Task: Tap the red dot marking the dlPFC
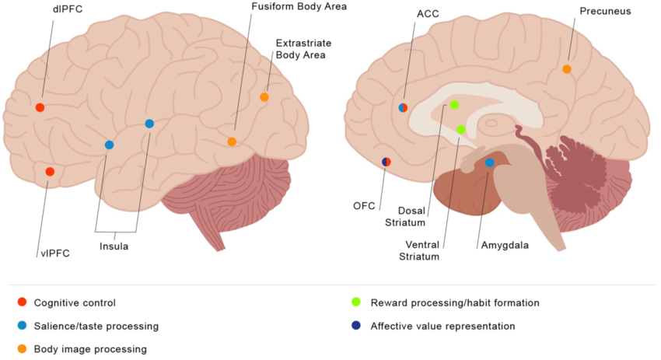click(40, 107)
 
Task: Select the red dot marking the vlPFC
click(50, 171)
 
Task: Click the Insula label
click(114, 246)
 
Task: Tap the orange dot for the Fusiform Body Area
click(232, 142)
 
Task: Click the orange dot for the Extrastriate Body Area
click(264, 97)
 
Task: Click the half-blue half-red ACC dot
click(403, 107)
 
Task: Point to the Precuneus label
click(605, 12)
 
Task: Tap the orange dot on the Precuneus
click(567, 69)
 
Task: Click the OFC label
click(364, 206)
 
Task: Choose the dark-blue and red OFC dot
click(386, 162)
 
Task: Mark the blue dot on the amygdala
click(489, 163)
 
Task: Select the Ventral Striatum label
click(421, 248)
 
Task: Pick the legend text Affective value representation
click(442, 326)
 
